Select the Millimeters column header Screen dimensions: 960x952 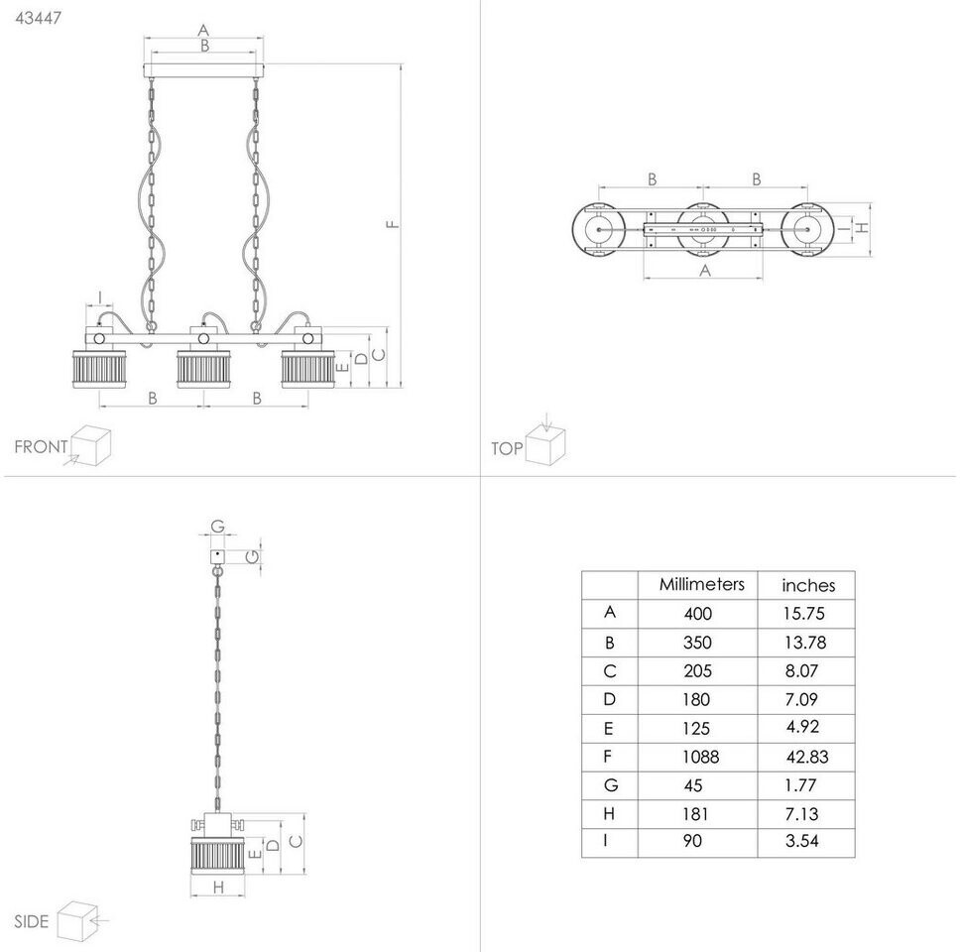tap(701, 584)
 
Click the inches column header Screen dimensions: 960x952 tap(808, 585)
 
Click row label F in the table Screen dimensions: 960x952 tap(609, 757)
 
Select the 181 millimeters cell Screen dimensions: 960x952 tap(698, 814)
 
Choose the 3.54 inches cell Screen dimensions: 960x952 tap(802, 842)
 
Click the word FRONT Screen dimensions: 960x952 tap(41, 446)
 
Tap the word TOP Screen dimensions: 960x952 tap(507, 448)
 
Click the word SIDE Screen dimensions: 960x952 tap(32, 921)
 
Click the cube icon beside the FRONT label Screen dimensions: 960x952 tap(90, 445)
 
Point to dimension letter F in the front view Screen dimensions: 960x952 tap(394, 224)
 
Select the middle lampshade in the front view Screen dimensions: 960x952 tap(203, 368)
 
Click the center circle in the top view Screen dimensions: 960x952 tap(703, 229)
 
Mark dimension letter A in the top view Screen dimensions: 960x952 tap(704, 269)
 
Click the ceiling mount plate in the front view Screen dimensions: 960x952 tap(204, 70)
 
